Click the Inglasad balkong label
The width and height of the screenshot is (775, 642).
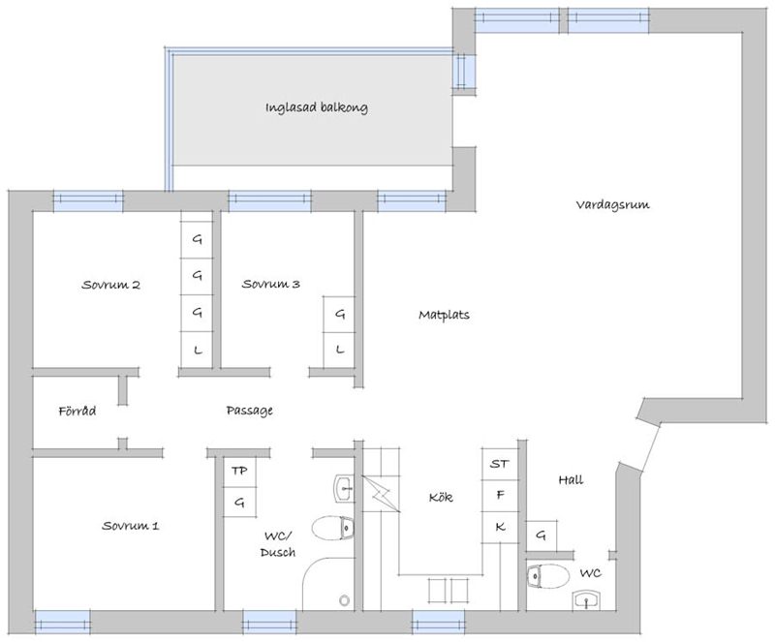[x=317, y=107]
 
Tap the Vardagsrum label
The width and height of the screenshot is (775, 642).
[x=612, y=204]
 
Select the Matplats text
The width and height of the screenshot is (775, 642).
[x=444, y=315]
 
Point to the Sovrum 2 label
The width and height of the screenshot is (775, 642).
[x=110, y=285]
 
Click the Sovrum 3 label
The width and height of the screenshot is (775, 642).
[x=271, y=284]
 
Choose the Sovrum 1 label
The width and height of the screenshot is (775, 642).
[x=131, y=526]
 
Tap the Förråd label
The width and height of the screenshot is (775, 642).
[x=77, y=411]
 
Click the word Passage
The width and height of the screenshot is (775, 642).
[x=250, y=411]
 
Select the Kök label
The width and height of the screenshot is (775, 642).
[x=441, y=497]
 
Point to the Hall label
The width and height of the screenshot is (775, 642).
[x=571, y=479]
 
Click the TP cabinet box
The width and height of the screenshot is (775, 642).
[x=239, y=472]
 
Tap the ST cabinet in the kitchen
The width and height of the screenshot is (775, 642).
[x=500, y=464]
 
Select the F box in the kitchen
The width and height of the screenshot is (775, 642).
[x=500, y=496]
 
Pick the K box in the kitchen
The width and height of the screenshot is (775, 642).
[x=500, y=528]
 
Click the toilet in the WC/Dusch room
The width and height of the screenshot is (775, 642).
[x=333, y=529]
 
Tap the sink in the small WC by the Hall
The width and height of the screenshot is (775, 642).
[x=587, y=600]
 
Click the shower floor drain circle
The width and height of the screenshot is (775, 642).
[x=345, y=600]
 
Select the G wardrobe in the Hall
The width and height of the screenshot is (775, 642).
[x=542, y=535]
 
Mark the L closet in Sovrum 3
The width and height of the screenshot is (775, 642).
[x=339, y=351]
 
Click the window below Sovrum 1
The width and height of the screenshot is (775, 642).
[x=63, y=622]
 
